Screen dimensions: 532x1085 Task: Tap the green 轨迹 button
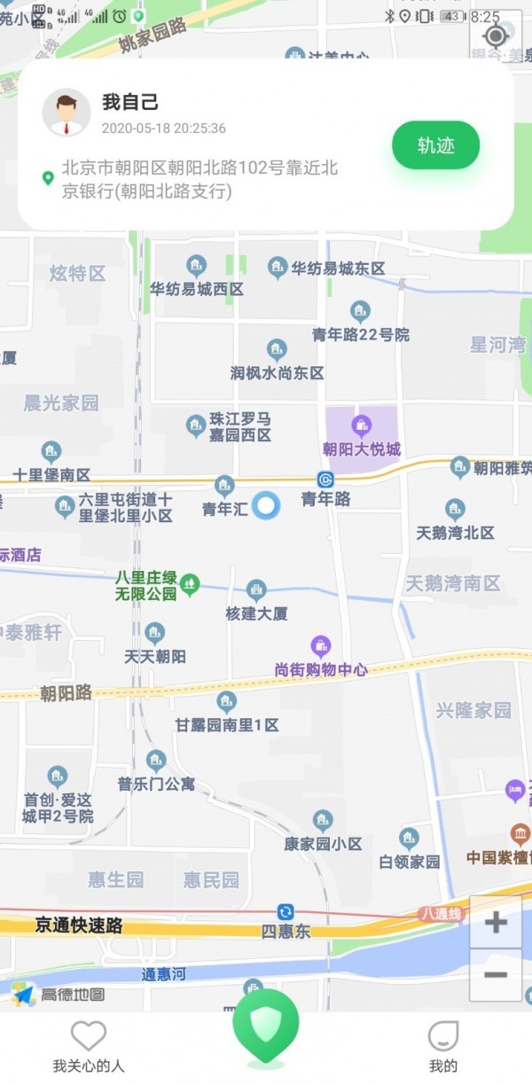coord(435,145)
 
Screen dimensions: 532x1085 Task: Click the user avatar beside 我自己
coord(66,113)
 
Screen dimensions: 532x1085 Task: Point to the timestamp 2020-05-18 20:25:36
coord(164,129)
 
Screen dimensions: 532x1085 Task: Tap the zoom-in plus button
coord(496,922)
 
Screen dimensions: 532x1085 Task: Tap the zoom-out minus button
coord(496,974)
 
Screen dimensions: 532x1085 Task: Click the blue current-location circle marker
coord(266,505)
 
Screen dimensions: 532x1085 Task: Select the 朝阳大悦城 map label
coord(362,449)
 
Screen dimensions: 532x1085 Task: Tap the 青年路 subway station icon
coord(325,480)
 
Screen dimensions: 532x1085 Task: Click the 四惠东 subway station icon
coord(286,912)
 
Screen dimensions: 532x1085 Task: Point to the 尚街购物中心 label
coord(321,670)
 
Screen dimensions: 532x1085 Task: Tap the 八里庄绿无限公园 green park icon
coord(190,584)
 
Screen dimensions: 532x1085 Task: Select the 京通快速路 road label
coord(79,925)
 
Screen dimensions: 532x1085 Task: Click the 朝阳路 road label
coord(66,693)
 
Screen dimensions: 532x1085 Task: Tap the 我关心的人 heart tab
coord(89,1046)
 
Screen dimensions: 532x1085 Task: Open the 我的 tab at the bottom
coord(443,1046)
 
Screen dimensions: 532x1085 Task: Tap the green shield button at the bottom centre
coord(265,1026)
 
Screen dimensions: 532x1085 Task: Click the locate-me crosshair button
coord(496,35)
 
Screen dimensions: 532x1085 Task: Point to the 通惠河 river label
coord(164,974)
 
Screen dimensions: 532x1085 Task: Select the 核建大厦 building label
coord(256,613)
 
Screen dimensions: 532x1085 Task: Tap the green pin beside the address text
coord(48,177)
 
